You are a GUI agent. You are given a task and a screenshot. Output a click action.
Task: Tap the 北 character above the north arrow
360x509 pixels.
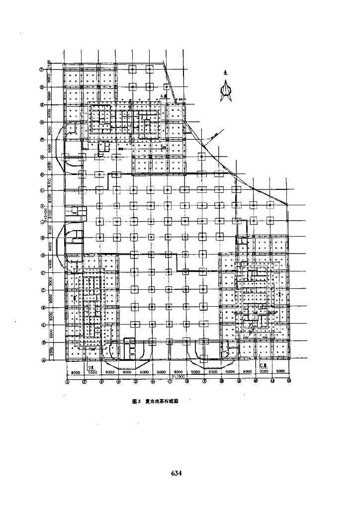click(x=225, y=73)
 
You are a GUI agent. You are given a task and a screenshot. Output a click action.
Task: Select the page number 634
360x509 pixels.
click(x=177, y=473)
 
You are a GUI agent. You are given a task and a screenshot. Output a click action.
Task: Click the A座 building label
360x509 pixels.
click(x=163, y=96)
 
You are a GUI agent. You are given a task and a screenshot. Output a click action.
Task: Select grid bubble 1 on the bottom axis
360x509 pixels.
click(x=67, y=382)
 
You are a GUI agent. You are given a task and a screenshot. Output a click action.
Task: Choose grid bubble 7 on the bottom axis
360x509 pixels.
click(x=170, y=382)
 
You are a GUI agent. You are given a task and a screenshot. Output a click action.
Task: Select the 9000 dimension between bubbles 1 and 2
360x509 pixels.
click(x=76, y=371)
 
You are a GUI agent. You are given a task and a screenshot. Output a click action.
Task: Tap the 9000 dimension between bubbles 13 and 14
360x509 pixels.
click(x=280, y=371)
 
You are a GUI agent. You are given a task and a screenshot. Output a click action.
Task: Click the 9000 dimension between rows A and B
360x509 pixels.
click(x=49, y=351)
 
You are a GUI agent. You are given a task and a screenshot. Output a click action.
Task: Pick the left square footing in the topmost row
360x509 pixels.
click(x=132, y=70)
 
